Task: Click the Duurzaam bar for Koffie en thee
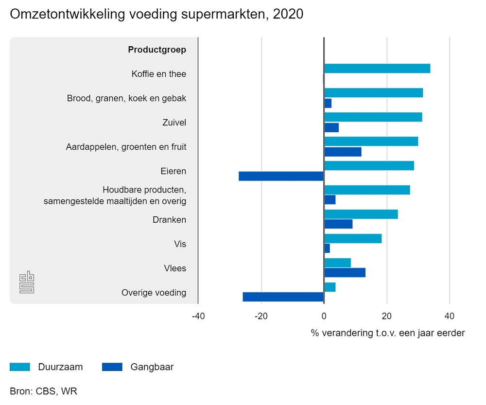pyautogui.click(x=377, y=69)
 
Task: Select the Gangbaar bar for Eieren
pyautogui.click(x=281, y=176)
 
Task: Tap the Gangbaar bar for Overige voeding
pyautogui.click(x=283, y=297)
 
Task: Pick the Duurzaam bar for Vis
pyautogui.click(x=352, y=239)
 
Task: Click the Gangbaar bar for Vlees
pyautogui.click(x=345, y=273)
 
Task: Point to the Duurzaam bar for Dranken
pyautogui.click(x=361, y=214)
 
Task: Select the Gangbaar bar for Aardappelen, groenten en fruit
pyautogui.click(x=343, y=152)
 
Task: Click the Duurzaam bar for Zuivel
pyautogui.click(x=373, y=117)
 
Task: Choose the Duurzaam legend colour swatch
pyautogui.click(x=20, y=367)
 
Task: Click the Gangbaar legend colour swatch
pyautogui.click(x=112, y=367)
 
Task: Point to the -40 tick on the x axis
pyautogui.click(x=198, y=317)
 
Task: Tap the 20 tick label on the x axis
pyautogui.click(x=387, y=317)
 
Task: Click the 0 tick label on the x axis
pyautogui.click(x=324, y=317)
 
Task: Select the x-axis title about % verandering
pyautogui.click(x=387, y=333)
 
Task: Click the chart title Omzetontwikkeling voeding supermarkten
pyautogui.click(x=156, y=14)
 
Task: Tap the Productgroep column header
pyautogui.click(x=157, y=50)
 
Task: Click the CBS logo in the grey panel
pyautogui.click(x=27, y=282)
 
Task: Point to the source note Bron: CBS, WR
pyautogui.click(x=43, y=391)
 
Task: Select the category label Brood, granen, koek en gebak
pyautogui.click(x=126, y=98)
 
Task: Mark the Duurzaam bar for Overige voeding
pyautogui.click(x=330, y=287)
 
